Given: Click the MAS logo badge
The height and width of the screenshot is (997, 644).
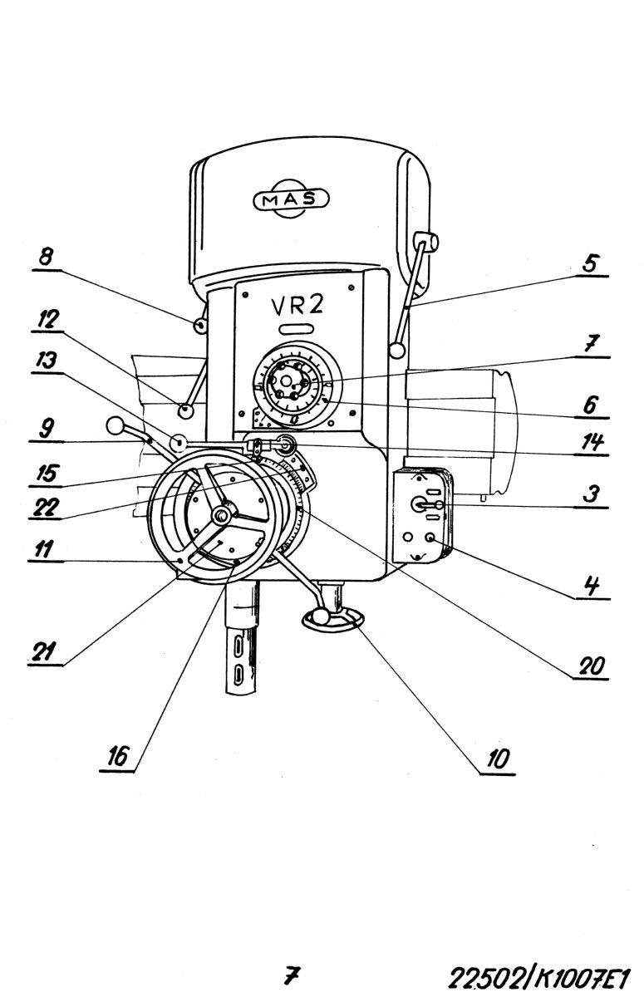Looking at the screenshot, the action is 292,198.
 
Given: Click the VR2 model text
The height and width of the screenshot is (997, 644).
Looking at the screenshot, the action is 297,306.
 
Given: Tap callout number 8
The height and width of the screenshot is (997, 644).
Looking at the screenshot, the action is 46,258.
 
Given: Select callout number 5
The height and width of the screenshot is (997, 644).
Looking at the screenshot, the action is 589,263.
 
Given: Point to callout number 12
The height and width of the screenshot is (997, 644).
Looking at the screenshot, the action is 47,320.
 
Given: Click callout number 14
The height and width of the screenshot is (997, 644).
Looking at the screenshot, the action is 592,442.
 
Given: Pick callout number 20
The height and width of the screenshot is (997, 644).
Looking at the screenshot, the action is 592,665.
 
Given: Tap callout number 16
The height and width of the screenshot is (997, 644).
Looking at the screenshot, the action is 117,756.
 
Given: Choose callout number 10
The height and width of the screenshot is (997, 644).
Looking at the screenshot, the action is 497,759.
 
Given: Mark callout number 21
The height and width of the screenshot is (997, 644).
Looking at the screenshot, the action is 43,651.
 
